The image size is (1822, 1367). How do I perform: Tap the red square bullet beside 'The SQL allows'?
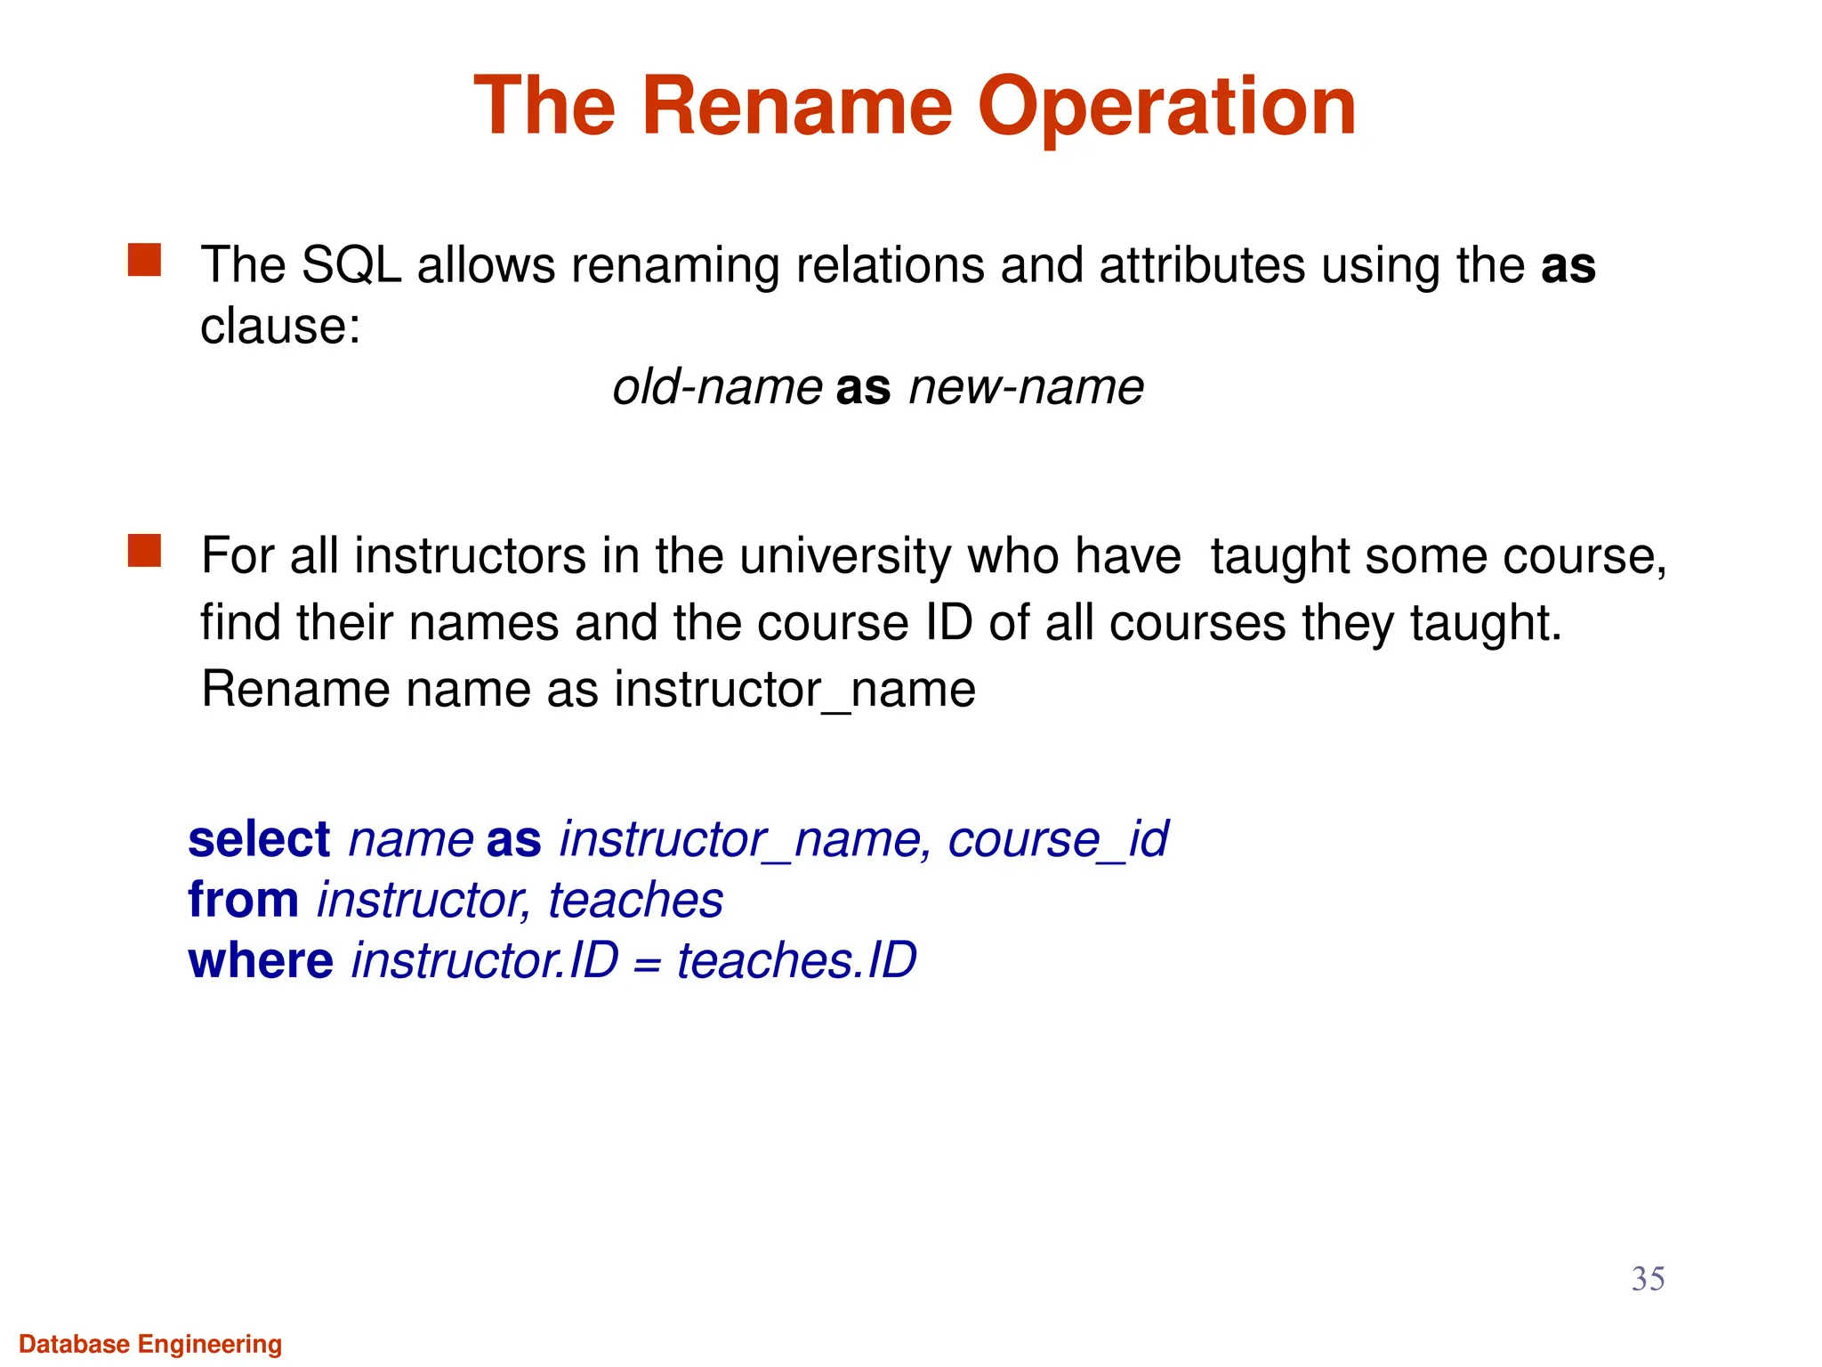(144, 261)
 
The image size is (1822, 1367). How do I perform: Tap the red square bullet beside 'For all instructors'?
(144, 551)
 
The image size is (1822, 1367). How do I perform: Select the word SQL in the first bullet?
(352, 265)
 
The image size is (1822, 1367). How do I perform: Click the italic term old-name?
(717, 387)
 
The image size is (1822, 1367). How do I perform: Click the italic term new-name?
(1026, 387)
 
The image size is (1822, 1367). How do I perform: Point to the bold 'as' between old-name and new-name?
(863, 388)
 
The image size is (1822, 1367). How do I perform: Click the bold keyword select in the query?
(259, 839)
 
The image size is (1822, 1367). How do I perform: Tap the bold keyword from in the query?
(243, 900)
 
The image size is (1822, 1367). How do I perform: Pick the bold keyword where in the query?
(261, 960)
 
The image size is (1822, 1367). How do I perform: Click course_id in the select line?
(1058, 839)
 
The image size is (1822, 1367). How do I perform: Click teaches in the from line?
(635, 900)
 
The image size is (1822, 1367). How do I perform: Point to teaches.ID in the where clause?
(796, 960)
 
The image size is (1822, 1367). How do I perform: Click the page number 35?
(1648, 1279)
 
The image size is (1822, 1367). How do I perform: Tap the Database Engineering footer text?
(150, 1344)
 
